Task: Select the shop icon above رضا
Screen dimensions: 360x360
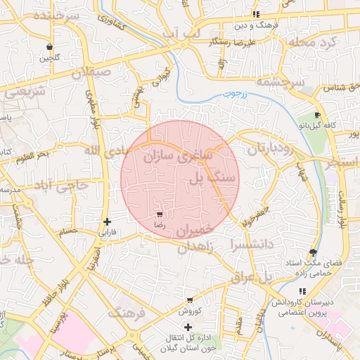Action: tap(160, 214)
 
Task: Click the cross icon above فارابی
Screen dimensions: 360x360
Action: tap(107, 221)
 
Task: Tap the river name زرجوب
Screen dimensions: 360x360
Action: tap(228, 93)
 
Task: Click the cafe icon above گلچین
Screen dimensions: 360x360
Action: tap(49, 47)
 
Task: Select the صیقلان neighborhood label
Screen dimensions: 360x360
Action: tap(90, 71)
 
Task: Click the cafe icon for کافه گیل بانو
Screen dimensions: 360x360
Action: tap(317, 115)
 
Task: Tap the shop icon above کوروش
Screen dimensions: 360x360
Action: tap(189, 300)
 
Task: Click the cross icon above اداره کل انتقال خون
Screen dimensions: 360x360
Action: tap(188, 327)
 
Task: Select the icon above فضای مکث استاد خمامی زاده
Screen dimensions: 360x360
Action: tap(312, 252)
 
